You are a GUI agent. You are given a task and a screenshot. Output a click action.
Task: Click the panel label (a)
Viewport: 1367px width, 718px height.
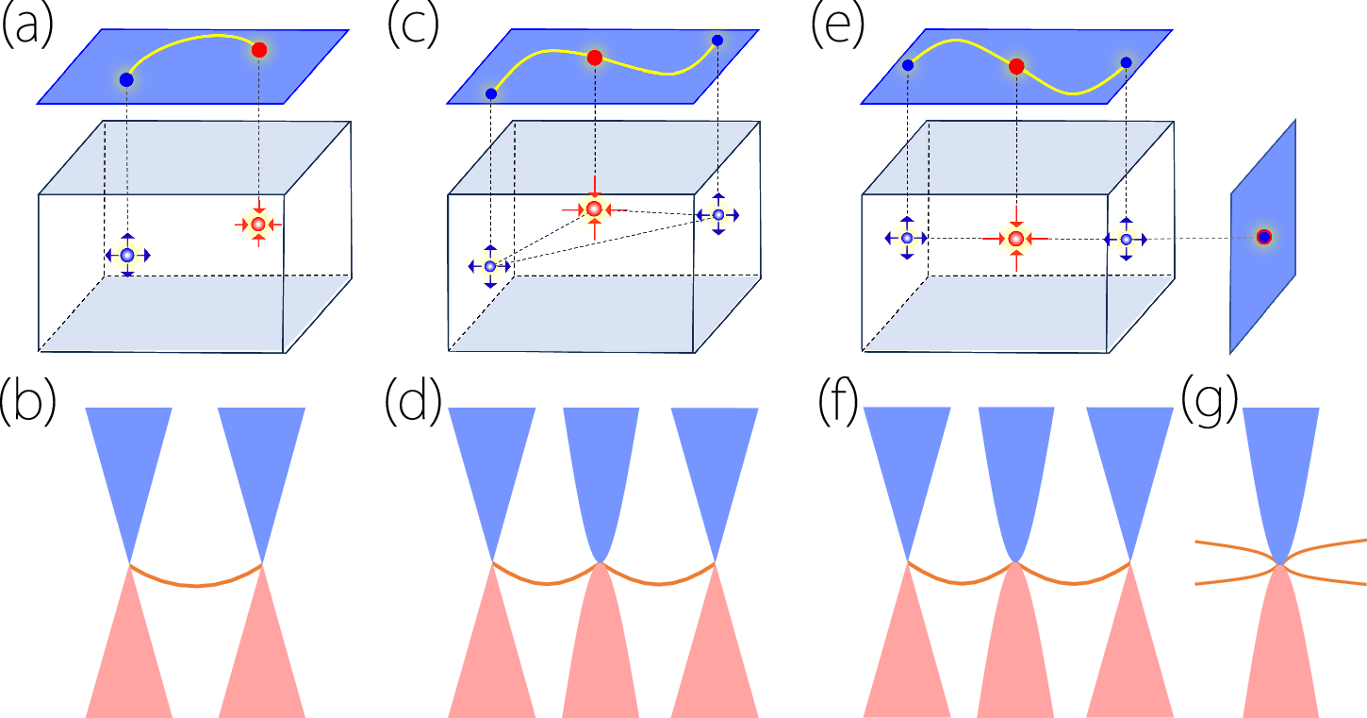[28, 26]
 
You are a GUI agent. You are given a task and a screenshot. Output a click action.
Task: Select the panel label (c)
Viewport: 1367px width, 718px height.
[413, 26]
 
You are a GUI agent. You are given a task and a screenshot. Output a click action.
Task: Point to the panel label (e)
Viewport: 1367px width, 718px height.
[837, 26]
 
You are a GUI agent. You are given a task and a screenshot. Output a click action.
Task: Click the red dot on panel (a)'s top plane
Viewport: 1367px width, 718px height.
[259, 50]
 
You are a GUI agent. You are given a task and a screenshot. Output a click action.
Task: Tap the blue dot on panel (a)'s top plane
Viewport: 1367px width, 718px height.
[126, 79]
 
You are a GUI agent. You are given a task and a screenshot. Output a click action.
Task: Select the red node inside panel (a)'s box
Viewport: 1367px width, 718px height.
[258, 225]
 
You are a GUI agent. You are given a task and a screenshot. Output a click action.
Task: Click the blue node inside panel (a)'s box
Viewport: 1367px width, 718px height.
[127, 255]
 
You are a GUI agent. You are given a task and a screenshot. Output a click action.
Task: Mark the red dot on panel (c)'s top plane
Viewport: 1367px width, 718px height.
[595, 58]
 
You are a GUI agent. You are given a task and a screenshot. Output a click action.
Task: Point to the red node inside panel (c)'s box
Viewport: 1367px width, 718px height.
[594, 209]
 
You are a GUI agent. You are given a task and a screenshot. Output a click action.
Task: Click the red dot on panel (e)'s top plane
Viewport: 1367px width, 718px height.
[1016, 67]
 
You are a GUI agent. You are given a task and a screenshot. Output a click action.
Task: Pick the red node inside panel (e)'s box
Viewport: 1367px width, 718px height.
[1016, 239]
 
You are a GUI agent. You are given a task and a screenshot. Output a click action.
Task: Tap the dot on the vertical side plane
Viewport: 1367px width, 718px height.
[1264, 237]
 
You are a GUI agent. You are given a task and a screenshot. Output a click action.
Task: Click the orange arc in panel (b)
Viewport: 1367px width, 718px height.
[196, 585]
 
